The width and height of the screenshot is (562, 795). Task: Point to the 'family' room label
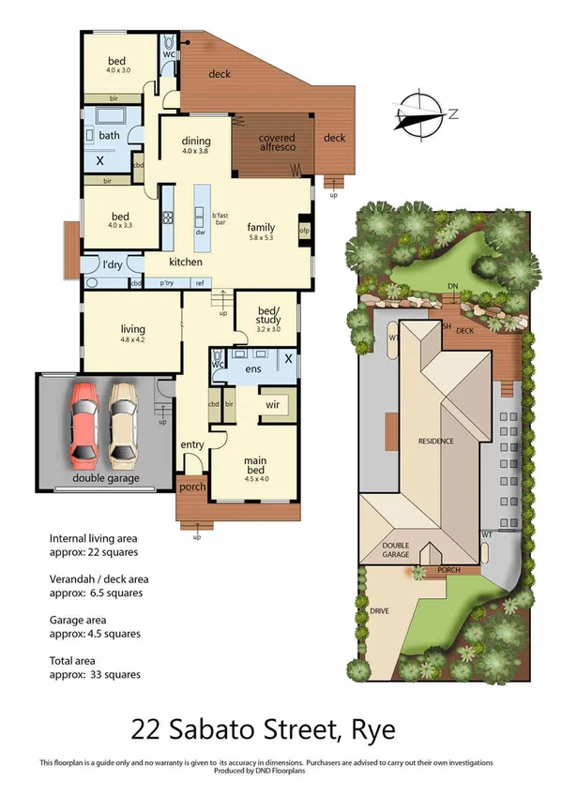[x=261, y=227]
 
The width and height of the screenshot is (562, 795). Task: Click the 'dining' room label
[x=196, y=142]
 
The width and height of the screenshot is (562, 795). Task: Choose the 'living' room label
[x=131, y=328]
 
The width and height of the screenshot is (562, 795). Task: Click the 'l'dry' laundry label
[x=113, y=265]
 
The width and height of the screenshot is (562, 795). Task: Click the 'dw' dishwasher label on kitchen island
[x=200, y=233]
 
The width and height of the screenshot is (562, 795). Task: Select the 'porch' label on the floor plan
[x=191, y=487]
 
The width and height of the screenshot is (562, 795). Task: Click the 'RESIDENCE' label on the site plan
[x=435, y=440]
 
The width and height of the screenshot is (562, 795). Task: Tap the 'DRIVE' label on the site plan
[x=379, y=610]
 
